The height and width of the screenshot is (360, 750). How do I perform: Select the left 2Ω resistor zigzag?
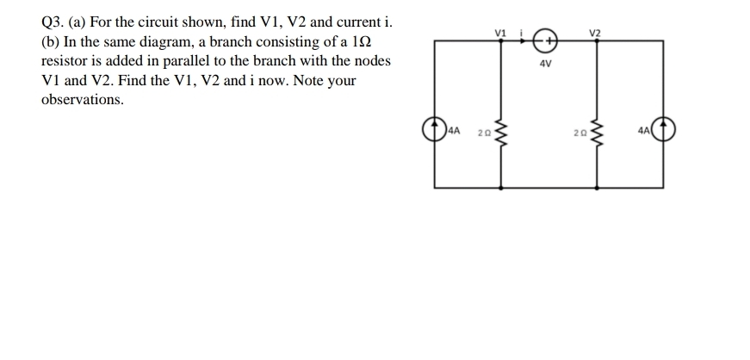point(502,133)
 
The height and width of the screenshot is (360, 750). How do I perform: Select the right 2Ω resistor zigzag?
point(597,133)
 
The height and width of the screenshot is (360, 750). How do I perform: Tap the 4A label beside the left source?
point(454,132)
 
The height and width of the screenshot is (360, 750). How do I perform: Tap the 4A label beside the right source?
point(645,132)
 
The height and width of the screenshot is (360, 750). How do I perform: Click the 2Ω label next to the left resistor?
point(484,133)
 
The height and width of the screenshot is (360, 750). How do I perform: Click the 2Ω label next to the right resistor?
point(579,133)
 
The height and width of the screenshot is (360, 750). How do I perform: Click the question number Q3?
point(53,21)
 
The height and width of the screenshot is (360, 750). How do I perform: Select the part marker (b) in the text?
point(51,41)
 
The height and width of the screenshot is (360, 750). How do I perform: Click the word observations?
point(82,100)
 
